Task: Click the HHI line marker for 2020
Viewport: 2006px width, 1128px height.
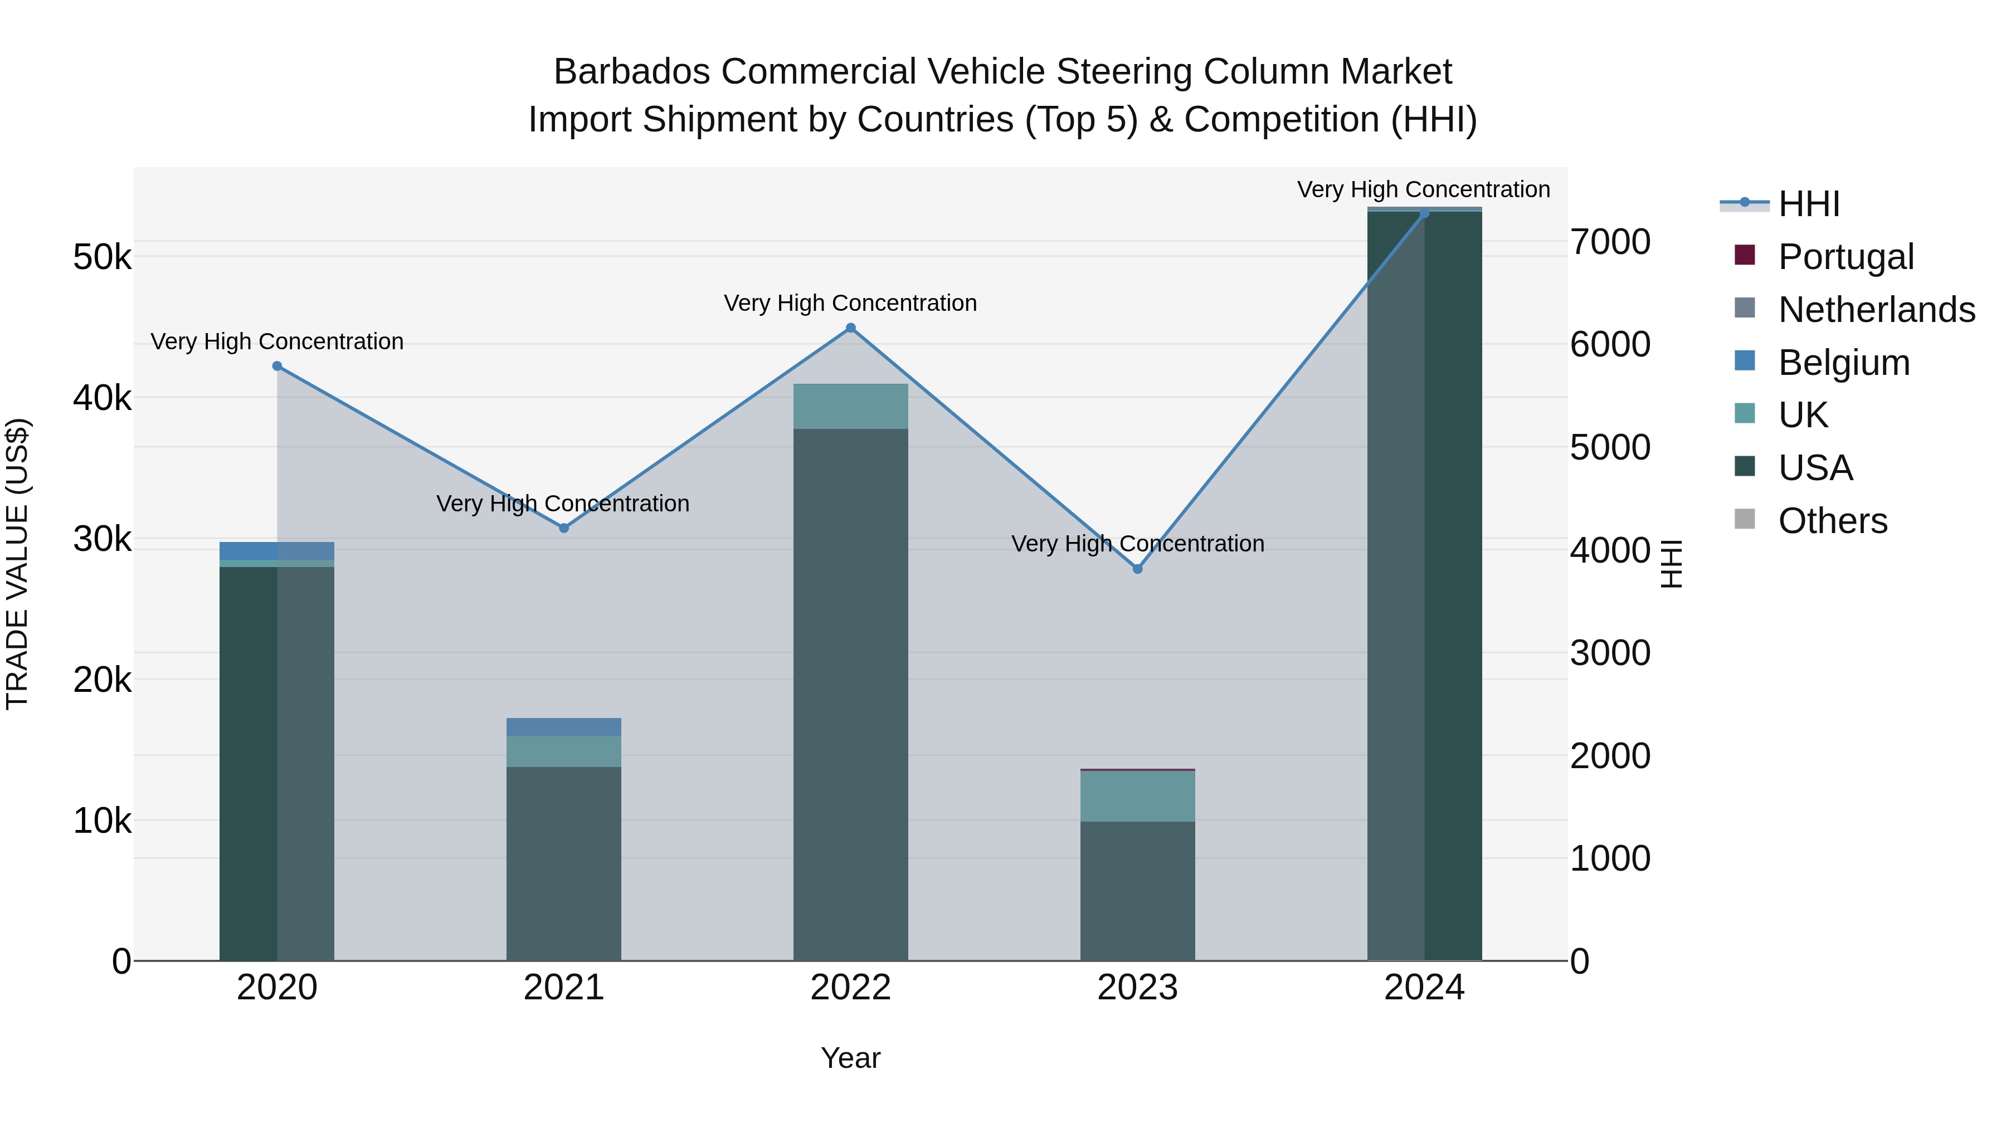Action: (277, 366)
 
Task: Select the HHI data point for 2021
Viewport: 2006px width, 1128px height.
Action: (564, 528)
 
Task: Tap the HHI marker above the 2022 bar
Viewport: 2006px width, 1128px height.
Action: (850, 328)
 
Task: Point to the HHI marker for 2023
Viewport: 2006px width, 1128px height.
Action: (1138, 569)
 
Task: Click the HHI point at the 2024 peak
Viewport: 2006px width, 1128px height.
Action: (1424, 213)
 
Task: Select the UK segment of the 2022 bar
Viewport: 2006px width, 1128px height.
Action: (850, 407)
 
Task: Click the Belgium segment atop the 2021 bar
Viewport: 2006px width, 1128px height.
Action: (564, 726)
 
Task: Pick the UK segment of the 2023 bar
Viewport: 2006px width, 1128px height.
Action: (1138, 795)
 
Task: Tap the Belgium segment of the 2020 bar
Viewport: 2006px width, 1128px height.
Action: (277, 550)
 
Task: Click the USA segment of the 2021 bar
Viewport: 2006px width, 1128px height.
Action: (564, 863)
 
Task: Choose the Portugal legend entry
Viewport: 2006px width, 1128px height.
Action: (1846, 257)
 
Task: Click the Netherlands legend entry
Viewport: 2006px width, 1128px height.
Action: (1877, 310)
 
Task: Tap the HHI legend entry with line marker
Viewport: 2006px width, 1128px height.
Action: (1809, 204)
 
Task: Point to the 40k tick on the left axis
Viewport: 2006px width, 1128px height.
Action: (102, 399)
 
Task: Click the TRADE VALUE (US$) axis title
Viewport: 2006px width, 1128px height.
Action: (17, 564)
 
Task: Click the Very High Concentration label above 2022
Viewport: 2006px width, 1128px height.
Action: (850, 303)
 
